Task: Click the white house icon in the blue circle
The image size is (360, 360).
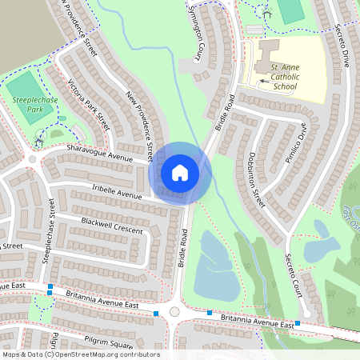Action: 180,172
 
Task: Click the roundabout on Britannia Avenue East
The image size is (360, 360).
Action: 174,312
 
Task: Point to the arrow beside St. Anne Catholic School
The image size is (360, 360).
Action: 265,81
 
